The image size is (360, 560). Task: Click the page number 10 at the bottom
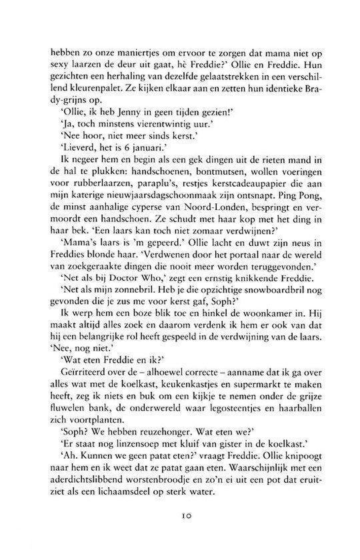[179, 533]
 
